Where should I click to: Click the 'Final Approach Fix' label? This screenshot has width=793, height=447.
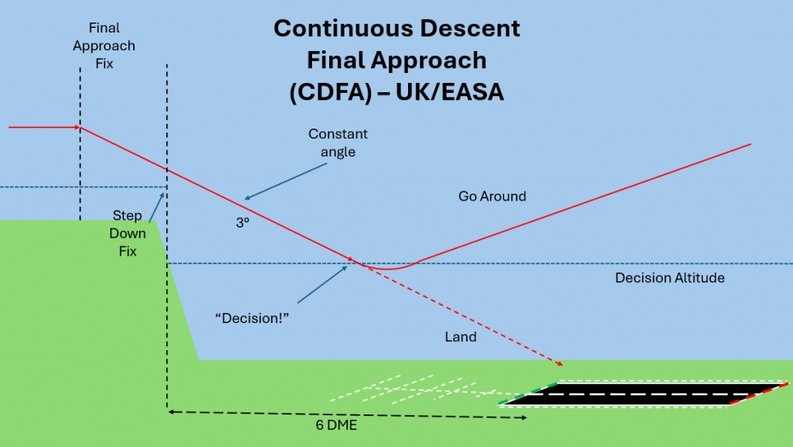pyautogui.click(x=104, y=46)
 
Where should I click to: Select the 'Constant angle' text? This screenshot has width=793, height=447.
pyautogui.click(x=338, y=143)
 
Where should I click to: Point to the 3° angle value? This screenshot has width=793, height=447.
pyautogui.click(x=242, y=222)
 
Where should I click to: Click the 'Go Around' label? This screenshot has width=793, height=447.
pyautogui.click(x=492, y=196)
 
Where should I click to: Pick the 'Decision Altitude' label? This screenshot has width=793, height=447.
pyautogui.click(x=670, y=277)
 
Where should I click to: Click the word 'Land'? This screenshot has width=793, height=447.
pyautogui.click(x=461, y=337)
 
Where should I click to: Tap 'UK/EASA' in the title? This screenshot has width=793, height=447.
pyautogui.click(x=450, y=92)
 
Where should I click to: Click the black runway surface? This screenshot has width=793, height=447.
pyautogui.click(x=643, y=394)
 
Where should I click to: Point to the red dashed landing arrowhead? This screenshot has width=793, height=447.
pyautogui.click(x=560, y=363)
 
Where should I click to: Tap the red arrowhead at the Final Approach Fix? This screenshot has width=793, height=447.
pyautogui.click(x=77, y=126)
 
